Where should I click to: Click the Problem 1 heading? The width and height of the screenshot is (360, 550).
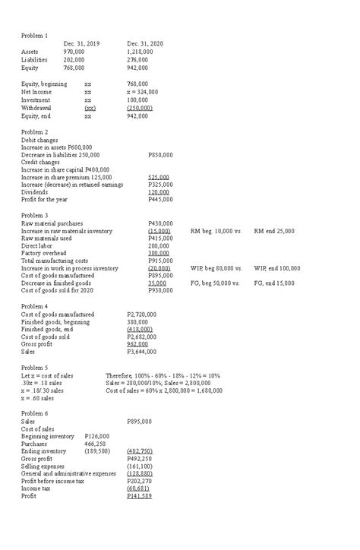(34, 36)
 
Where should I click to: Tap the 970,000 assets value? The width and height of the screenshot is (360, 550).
(74, 52)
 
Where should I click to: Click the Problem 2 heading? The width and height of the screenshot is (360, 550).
(34, 132)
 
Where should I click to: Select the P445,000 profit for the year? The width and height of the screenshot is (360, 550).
(160, 200)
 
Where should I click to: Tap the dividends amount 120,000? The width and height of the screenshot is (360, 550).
(159, 192)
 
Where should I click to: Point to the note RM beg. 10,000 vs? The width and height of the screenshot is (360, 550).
(216, 231)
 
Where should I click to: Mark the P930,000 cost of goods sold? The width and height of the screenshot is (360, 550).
(160, 290)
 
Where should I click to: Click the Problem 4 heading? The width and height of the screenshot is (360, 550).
(34, 306)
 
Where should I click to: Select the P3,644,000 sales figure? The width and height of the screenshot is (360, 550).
(141, 352)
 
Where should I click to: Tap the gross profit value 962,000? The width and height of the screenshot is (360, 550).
(138, 344)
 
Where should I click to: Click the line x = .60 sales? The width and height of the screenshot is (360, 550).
(37, 398)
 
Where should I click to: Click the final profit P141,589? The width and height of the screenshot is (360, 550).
(140, 517)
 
